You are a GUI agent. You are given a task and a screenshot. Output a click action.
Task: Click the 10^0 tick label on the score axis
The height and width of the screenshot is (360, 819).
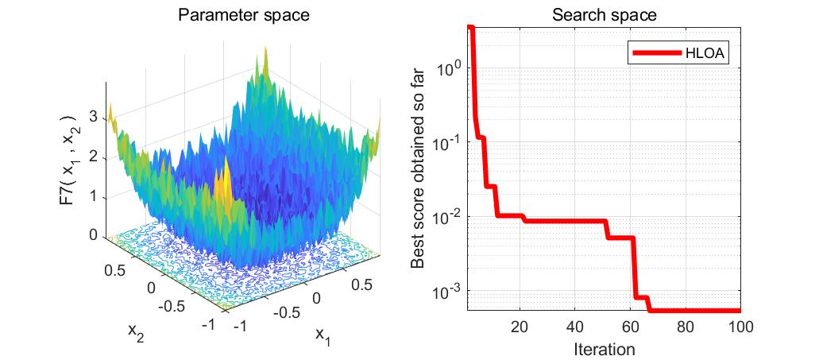click(x=448, y=68)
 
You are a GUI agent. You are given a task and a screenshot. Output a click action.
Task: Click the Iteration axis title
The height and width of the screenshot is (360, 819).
click(x=604, y=348)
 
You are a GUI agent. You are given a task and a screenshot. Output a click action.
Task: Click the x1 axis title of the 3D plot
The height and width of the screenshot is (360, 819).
click(x=321, y=336)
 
